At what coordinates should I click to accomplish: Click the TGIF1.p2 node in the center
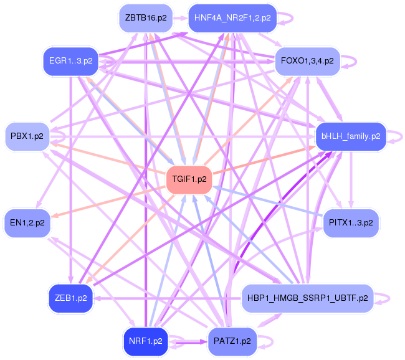pos(189,179)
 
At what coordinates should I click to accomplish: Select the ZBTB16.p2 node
pos(145,18)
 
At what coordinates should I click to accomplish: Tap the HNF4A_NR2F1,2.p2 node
pos(232,18)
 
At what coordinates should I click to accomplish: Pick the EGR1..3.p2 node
pos(71,62)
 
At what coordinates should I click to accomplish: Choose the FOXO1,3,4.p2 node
pos(307,62)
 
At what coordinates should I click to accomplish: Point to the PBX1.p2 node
pos(27,136)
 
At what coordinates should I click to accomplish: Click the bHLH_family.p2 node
pos(350,136)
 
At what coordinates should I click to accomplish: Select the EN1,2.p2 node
pos(27,222)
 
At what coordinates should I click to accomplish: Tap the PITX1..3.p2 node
pos(350,222)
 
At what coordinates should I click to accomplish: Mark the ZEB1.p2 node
pos(71,298)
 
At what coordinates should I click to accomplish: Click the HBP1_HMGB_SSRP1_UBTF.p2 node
pos(307,298)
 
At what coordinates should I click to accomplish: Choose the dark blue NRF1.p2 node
pos(145,341)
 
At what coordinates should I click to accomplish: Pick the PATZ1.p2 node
pos(232,341)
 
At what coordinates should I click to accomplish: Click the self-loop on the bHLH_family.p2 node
pos(394,136)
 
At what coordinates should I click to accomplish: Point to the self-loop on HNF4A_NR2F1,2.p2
pos(285,18)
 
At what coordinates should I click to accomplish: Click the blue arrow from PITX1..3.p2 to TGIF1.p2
pos(268,201)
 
